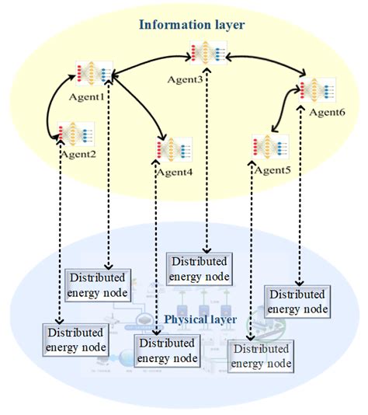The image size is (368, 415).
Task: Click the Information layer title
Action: click(x=191, y=25)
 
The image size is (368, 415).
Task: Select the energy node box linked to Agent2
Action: click(x=75, y=340)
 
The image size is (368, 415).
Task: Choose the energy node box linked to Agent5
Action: click(x=261, y=356)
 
